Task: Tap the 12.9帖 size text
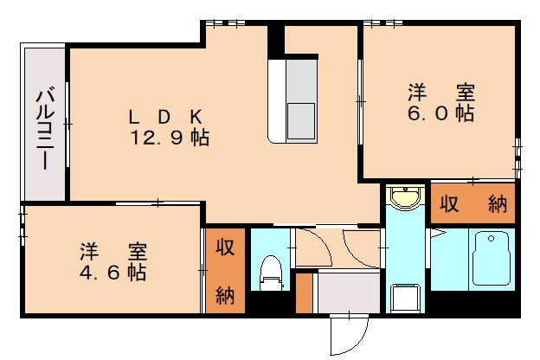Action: pos(170,138)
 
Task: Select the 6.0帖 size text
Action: pos(441,113)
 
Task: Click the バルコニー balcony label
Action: pos(42,126)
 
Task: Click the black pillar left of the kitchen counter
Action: pos(275,40)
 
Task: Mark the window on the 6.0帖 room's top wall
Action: pos(378,23)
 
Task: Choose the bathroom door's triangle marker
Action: pos(438,233)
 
